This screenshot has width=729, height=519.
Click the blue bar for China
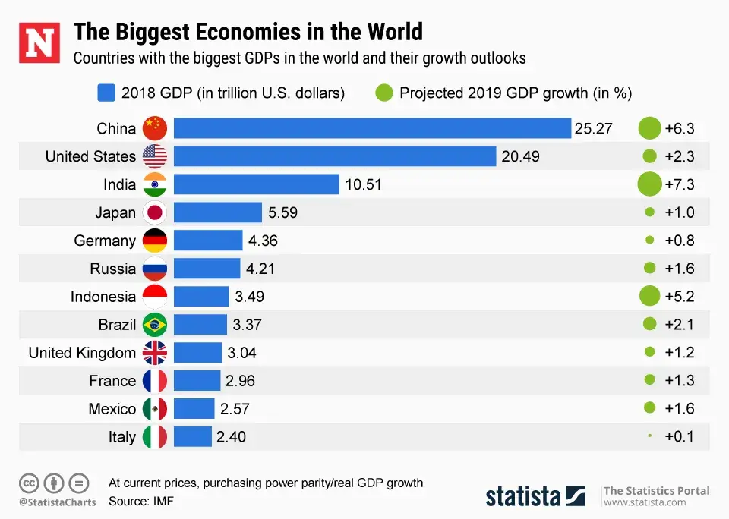[372, 128]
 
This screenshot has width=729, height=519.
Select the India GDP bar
[256, 184]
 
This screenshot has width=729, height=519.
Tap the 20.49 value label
[520, 156]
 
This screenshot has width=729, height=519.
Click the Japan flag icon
[155, 212]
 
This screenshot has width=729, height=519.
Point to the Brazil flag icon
[155, 325]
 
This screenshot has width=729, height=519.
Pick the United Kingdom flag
[155, 353]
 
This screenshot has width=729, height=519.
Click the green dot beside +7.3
[649, 184]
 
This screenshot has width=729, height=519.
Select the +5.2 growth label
[680, 297]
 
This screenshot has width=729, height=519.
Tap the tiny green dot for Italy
[649, 436]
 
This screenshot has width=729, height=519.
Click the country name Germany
[105, 241]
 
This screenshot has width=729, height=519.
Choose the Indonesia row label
[103, 297]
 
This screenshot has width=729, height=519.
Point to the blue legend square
[106, 93]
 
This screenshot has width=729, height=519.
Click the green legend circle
[384, 93]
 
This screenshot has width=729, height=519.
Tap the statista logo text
[524, 496]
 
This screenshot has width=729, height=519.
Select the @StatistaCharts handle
[57, 502]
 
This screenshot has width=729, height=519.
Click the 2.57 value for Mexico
[235, 409]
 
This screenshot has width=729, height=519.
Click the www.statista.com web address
[645, 502]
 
